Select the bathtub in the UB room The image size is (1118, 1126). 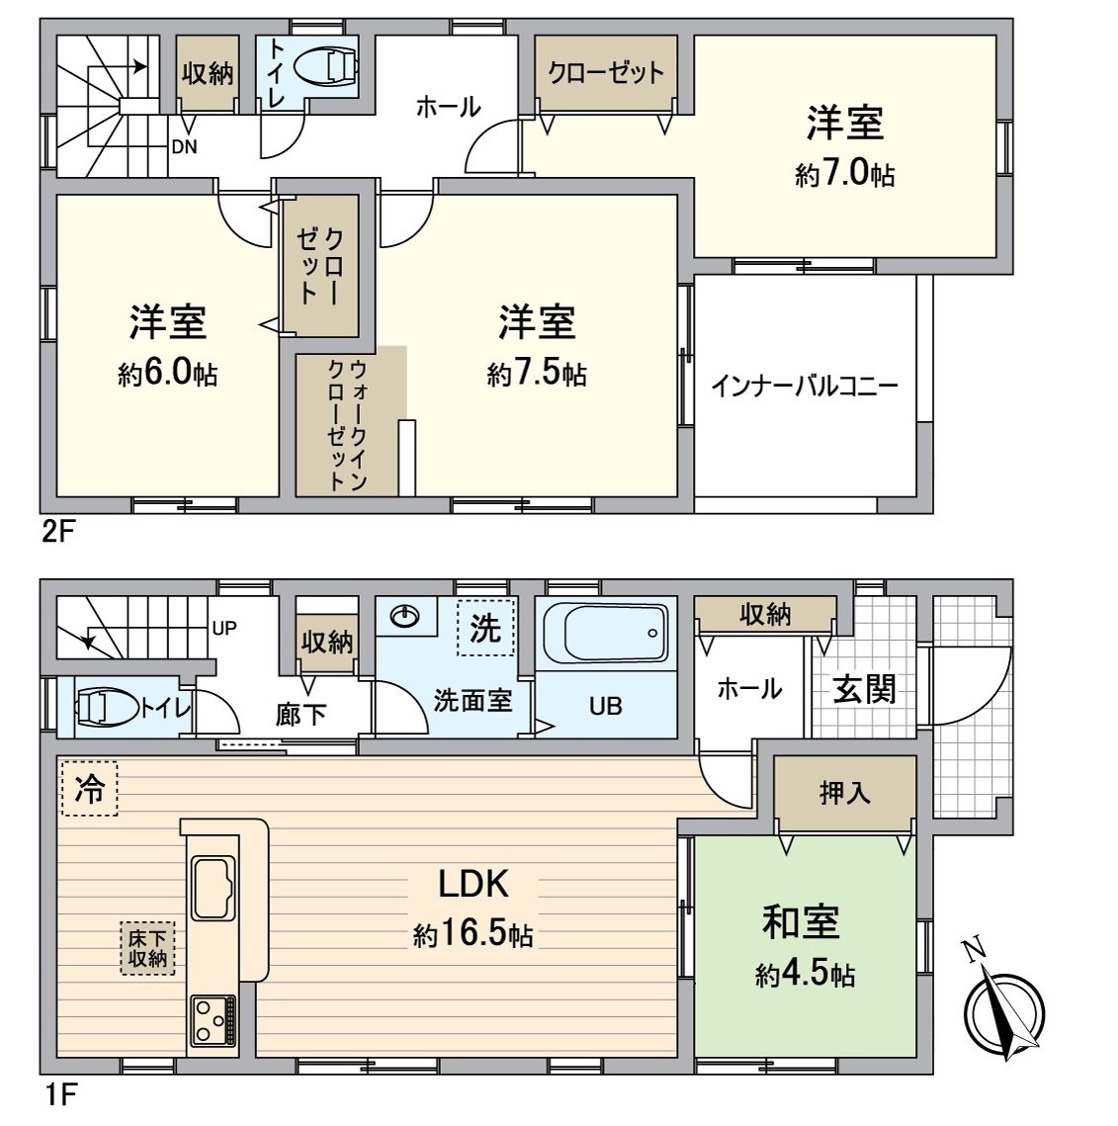point(605,634)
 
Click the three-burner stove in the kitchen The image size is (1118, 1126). point(213,1018)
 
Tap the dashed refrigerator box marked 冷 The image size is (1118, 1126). point(89,788)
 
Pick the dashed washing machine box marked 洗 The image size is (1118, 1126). point(485,628)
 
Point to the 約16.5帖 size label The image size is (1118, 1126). point(473,934)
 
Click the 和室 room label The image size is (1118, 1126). point(801,921)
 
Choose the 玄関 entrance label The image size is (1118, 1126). point(863,688)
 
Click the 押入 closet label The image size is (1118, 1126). point(844,793)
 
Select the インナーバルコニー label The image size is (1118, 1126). point(805,386)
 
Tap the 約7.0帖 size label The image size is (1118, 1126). point(845,175)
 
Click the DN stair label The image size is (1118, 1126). point(185,148)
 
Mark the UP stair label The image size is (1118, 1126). point(224,628)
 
